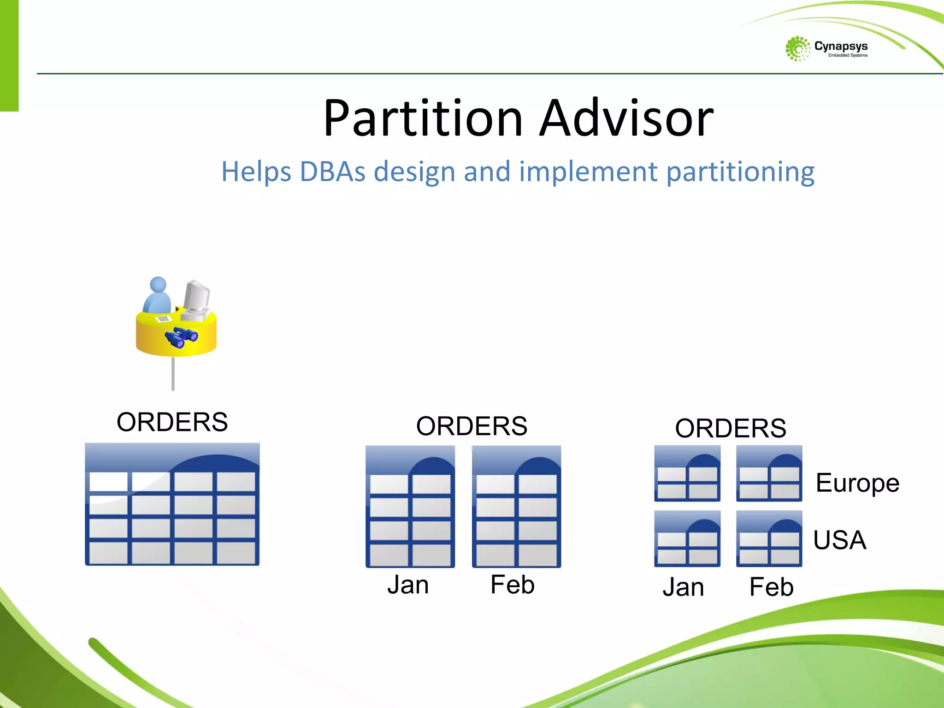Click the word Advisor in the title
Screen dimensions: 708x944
[x=626, y=118]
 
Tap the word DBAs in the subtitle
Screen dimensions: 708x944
[x=332, y=171]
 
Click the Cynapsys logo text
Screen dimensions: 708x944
[x=841, y=46]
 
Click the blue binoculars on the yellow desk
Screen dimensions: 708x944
[x=182, y=337]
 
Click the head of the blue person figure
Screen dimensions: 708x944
[x=158, y=284]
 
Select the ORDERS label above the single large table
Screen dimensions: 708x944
[x=172, y=422]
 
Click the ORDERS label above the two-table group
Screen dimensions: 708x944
[x=472, y=426]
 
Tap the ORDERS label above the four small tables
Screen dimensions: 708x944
[x=731, y=428]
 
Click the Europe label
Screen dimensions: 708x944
[x=857, y=483]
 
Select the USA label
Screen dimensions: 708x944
[x=839, y=540]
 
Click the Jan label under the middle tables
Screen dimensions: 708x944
[x=408, y=584]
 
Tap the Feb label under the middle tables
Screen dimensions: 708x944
[x=512, y=584]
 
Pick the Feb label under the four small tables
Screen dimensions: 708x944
[x=771, y=587]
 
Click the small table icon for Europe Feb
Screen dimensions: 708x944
[x=769, y=473]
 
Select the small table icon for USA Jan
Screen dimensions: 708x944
[x=687, y=539]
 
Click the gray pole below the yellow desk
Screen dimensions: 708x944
[x=173, y=373]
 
